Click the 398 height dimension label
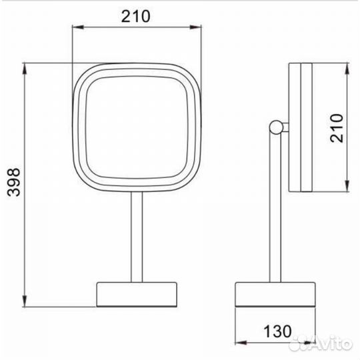point(13,182)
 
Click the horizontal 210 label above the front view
point(136,16)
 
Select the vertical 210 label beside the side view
point(337,128)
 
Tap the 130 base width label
point(277,331)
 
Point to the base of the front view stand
point(137,295)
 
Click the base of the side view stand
point(275,295)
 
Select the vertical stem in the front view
point(137,237)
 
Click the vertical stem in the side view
point(275,208)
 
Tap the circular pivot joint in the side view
point(276,127)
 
